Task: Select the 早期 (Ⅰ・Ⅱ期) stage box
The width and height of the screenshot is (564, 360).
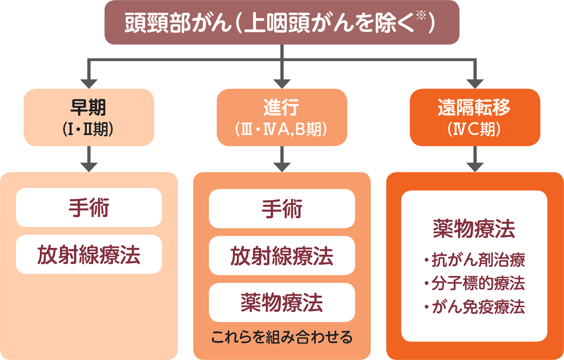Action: click(x=89, y=117)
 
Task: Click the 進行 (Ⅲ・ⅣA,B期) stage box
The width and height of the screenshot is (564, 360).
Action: click(x=282, y=117)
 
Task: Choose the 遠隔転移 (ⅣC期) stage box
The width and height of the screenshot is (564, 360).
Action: click(x=475, y=117)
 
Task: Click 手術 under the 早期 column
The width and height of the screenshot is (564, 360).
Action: click(x=89, y=208)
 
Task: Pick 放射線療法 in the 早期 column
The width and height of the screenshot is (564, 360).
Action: click(x=89, y=254)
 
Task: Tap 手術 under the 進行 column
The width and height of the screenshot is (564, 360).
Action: click(x=282, y=209)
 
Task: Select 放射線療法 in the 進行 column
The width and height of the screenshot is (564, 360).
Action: click(x=282, y=256)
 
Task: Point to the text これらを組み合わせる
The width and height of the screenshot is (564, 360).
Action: click(x=282, y=337)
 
